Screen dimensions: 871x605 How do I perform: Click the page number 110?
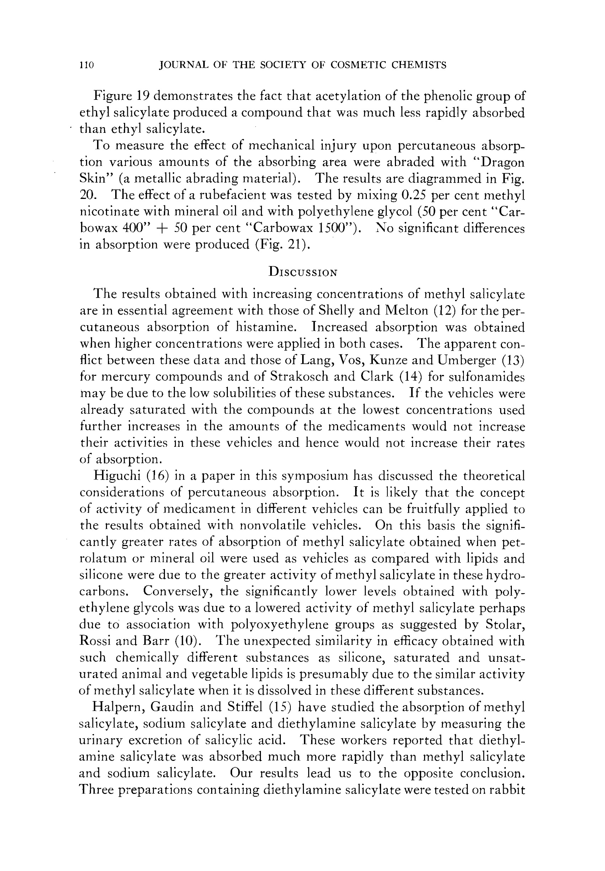click(87, 65)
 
